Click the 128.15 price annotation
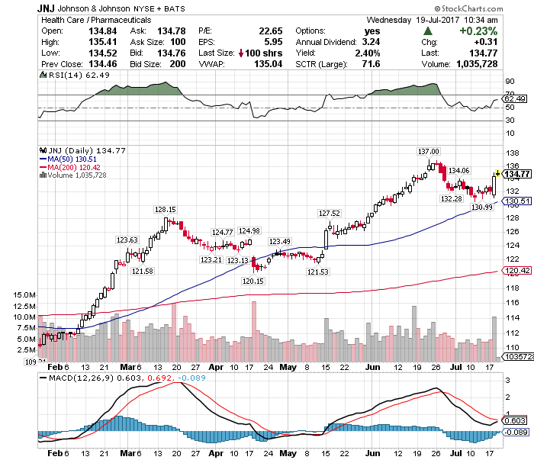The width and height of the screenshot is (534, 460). click(166, 210)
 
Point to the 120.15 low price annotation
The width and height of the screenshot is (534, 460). click(253, 281)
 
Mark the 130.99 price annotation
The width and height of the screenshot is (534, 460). click(481, 207)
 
